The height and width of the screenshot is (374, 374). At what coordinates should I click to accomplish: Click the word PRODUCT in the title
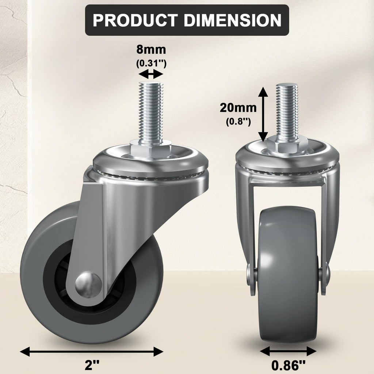click(x=135, y=20)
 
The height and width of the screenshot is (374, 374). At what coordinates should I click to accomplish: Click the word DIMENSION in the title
click(x=233, y=20)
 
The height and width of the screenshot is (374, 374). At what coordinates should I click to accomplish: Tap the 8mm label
click(x=151, y=49)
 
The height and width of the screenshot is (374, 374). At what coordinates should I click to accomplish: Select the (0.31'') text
click(x=151, y=63)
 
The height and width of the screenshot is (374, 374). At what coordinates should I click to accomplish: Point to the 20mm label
click(x=238, y=108)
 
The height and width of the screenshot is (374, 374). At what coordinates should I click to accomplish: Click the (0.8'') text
click(x=238, y=122)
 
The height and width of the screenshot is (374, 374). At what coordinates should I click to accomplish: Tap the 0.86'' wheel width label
click(x=288, y=365)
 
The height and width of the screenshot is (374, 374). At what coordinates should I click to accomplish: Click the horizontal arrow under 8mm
click(x=151, y=75)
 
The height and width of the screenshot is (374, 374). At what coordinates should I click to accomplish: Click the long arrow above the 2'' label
click(x=91, y=352)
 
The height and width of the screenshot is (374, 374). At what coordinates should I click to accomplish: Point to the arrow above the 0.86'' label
click(x=288, y=351)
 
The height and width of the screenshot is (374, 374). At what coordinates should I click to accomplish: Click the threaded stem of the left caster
click(x=151, y=111)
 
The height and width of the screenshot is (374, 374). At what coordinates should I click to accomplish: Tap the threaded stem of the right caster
click(x=287, y=110)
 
